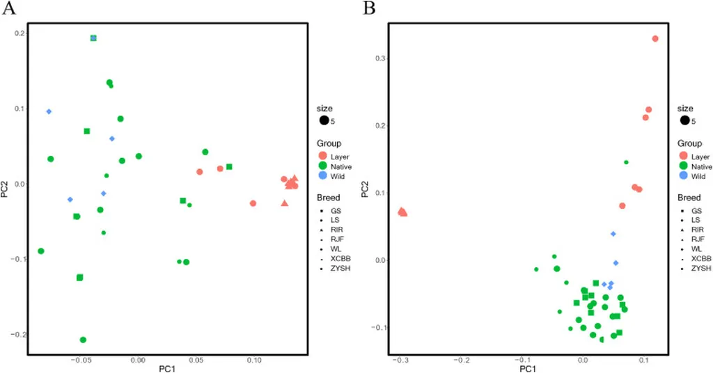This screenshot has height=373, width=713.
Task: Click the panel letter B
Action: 370,9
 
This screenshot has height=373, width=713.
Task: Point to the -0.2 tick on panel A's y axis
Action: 15,334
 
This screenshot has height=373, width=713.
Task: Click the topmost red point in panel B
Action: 655,39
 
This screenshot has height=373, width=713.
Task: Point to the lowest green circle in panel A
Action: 83,340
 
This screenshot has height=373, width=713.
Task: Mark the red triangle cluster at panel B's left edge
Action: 402,212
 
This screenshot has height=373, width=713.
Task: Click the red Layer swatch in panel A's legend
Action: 322,157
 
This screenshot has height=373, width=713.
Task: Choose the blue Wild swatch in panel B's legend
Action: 684,177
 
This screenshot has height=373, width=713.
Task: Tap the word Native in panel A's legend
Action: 342,167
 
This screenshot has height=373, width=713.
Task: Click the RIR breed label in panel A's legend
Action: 336,229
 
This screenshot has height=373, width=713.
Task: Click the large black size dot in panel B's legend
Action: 684,121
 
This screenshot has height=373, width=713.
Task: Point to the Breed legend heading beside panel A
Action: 328,198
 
